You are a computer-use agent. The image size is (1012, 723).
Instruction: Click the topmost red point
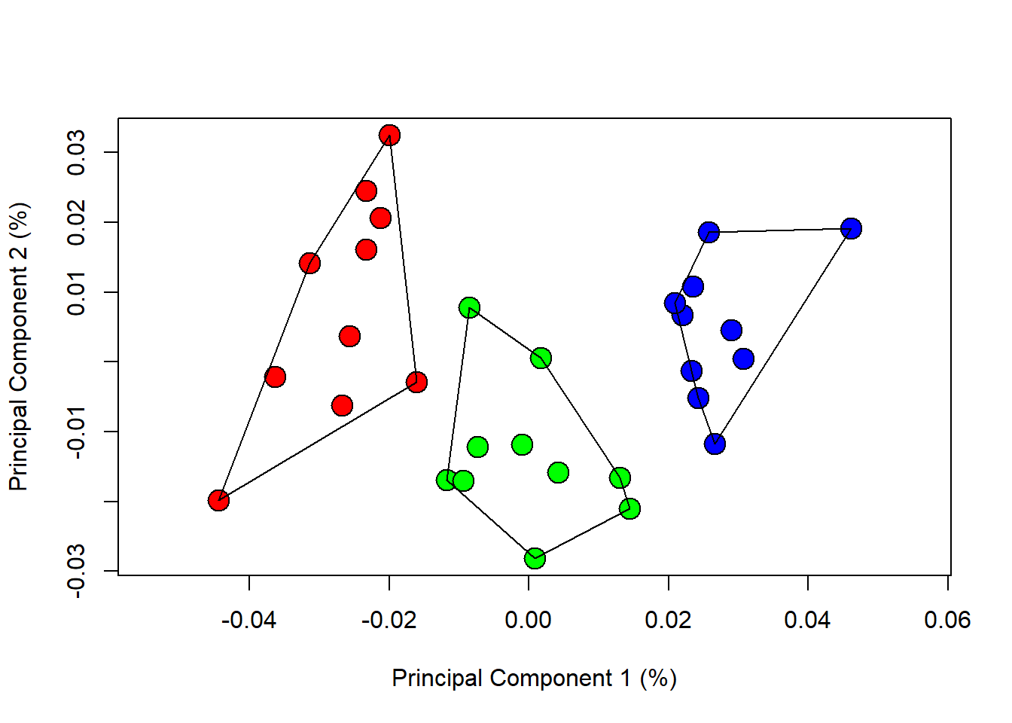click(389, 136)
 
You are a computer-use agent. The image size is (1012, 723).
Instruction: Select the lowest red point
click(218, 500)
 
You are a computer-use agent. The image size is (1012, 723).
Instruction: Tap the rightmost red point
click(416, 382)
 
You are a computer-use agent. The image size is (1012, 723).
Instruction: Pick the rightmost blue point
click(851, 228)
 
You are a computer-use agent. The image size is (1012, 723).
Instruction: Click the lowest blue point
click(715, 444)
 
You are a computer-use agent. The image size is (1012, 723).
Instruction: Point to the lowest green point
click(535, 558)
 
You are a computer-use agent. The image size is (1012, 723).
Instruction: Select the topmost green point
click(469, 307)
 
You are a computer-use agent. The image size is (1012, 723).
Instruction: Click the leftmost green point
click(447, 479)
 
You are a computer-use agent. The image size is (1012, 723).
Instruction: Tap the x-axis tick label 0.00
click(529, 620)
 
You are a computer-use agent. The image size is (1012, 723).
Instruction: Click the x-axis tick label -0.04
click(249, 620)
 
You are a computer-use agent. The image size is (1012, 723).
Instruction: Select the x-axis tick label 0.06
click(947, 620)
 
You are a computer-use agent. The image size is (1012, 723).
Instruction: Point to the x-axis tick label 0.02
click(668, 620)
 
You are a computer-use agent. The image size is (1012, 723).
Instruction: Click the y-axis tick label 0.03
click(76, 153)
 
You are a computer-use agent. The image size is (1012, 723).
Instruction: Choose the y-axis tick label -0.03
click(76, 572)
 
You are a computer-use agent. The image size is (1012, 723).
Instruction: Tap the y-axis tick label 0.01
click(76, 292)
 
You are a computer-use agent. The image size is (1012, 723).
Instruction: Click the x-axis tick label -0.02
click(389, 620)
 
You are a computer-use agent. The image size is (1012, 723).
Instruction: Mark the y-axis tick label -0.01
click(76, 432)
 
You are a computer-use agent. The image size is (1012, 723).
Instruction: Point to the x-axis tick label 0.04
click(807, 620)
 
